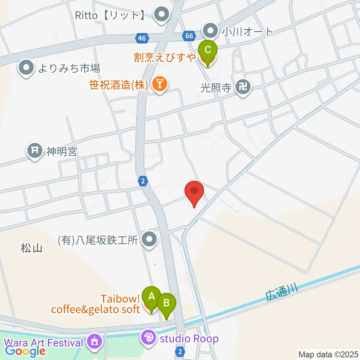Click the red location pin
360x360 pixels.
pyautogui.click(x=194, y=191)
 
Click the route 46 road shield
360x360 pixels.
pyautogui.click(x=142, y=38)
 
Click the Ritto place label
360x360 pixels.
pyautogui.click(x=109, y=15)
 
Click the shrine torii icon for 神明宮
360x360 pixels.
pyautogui.click(x=35, y=151)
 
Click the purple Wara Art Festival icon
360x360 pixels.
pyautogui.click(x=93, y=342)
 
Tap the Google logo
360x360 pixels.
pyautogui.click(x=25, y=351)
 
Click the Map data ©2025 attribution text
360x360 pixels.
pyautogui.click(x=328, y=354)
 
